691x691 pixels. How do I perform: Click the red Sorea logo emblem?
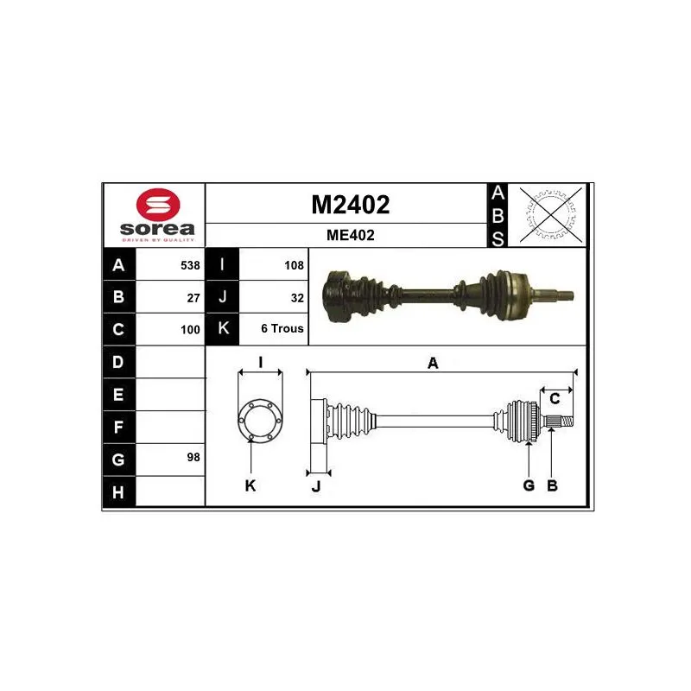click(x=158, y=205)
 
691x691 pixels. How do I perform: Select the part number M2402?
click(x=351, y=205)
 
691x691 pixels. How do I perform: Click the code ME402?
click(x=351, y=235)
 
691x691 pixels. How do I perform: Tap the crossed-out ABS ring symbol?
click(x=550, y=214)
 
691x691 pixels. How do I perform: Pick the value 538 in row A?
click(x=190, y=265)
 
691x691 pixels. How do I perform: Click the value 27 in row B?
click(x=193, y=298)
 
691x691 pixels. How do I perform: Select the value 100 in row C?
click(x=190, y=330)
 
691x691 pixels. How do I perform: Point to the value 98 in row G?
click(x=193, y=458)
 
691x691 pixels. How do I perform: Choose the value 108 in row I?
click(x=294, y=265)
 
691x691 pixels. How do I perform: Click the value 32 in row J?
click(x=297, y=298)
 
